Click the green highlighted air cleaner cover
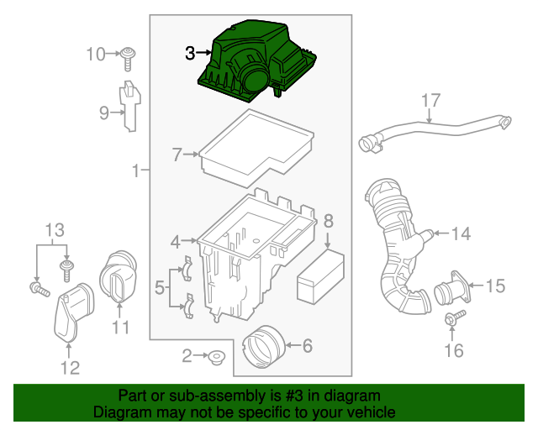(256, 60)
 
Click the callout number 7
(177, 155)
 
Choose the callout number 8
(328, 222)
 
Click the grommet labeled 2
(216, 359)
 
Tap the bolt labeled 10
(129, 58)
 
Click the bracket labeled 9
(129, 105)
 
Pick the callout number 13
(54, 229)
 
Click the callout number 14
(462, 234)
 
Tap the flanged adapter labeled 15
(453, 291)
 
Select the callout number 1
(134, 172)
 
